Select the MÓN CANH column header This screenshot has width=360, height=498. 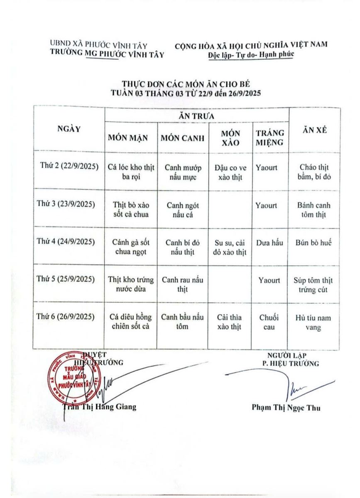[183, 138]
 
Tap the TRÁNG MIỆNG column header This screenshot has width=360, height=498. [270, 138]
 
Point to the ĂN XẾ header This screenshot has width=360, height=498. [314, 129]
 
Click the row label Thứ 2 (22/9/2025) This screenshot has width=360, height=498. [69, 167]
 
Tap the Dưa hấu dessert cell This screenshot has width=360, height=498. [269, 243]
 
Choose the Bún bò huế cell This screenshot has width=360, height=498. [314, 243]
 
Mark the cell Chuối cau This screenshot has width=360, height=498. [269, 322]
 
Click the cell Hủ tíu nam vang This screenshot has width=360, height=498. [314, 322]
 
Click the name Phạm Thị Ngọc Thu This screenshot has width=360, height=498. [286, 408]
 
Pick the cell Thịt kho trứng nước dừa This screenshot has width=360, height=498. [131, 284]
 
